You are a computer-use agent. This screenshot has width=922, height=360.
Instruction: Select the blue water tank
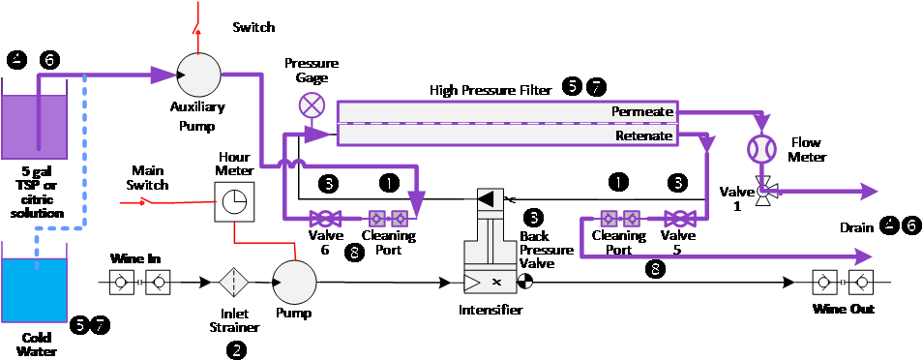click(x=34, y=290)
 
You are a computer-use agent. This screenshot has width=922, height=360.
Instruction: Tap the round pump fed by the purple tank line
click(x=200, y=75)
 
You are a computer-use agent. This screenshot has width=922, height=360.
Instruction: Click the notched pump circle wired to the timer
click(x=294, y=281)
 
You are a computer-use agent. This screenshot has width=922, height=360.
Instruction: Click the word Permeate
click(x=641, y=112)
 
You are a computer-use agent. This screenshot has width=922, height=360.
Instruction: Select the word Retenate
click(x=643, y=136)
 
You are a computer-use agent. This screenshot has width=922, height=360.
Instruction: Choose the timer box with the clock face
click(x=234, y=201)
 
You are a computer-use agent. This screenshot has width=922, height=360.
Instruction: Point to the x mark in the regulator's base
click(x=496, y=282)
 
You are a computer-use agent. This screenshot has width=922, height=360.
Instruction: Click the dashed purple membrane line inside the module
click(x=508, y=124)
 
